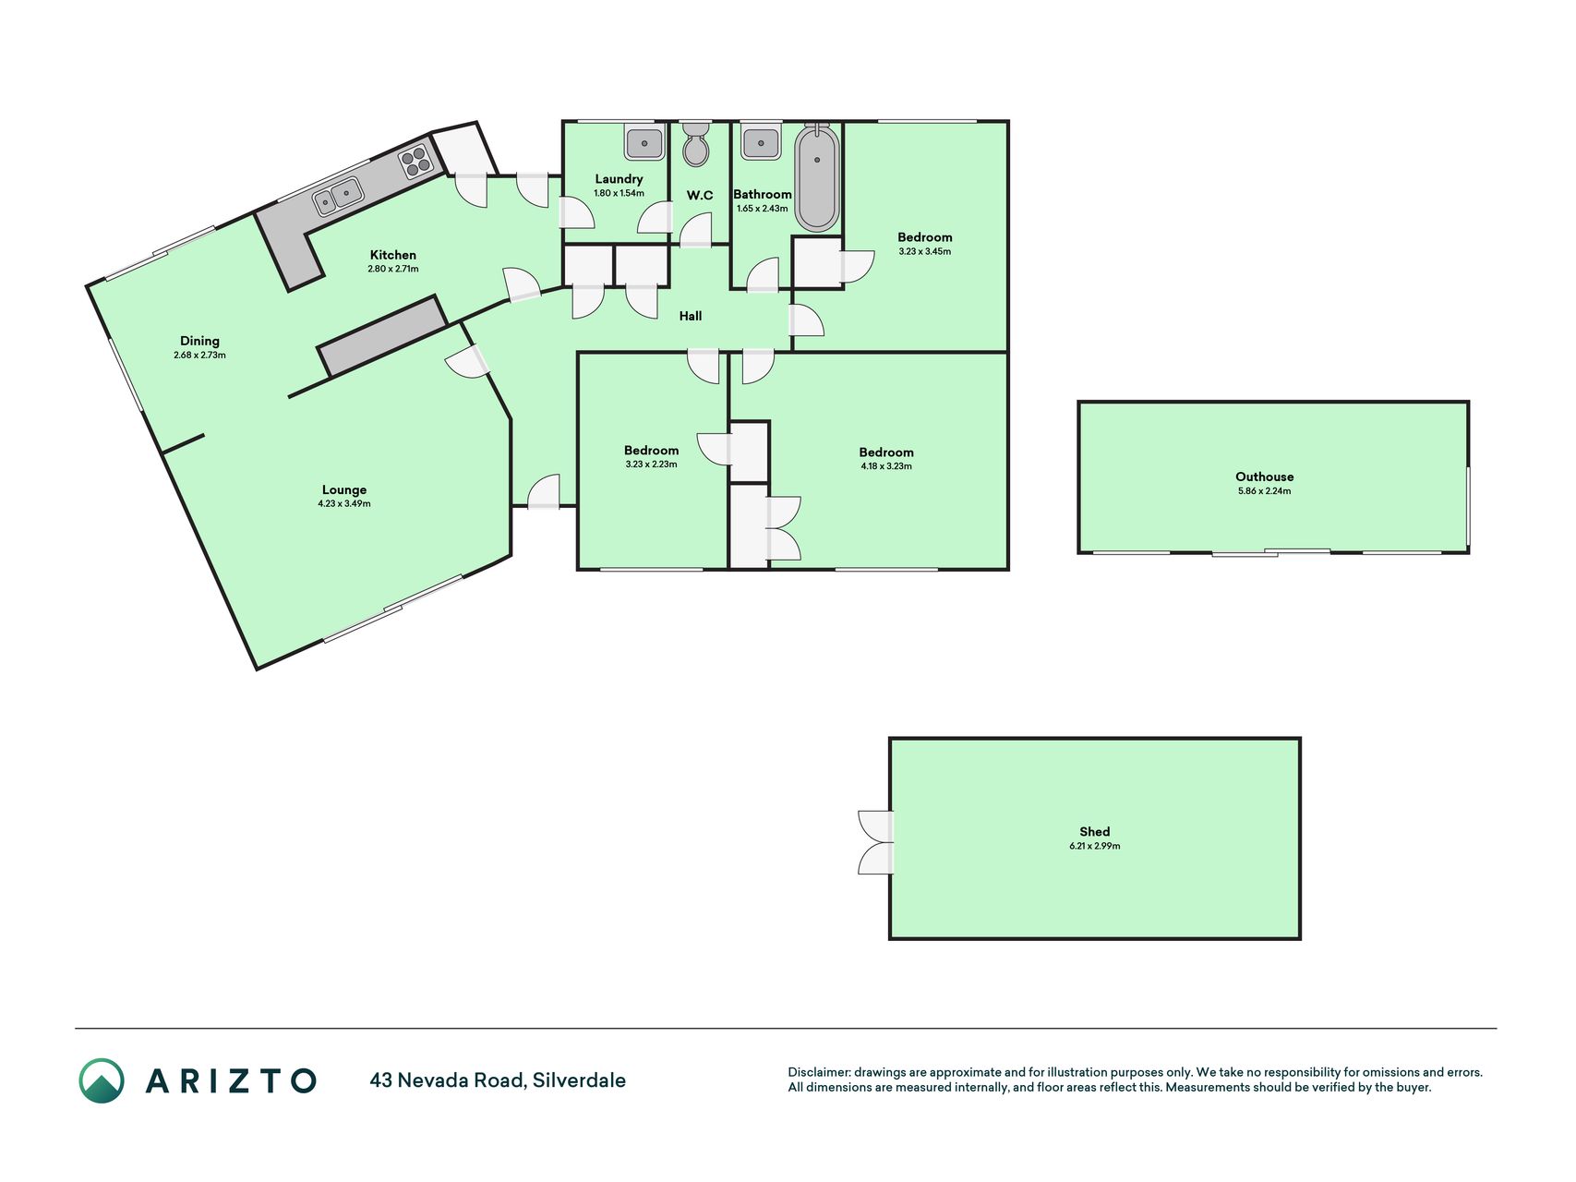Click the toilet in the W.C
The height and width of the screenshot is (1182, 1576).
click(x=696, y=144)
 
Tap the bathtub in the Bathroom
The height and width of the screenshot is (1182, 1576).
click(x=817, y=177)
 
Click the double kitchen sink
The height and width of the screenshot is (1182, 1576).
click(x=337, y=197)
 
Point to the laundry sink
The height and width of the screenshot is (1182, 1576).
click(x=644, y=142)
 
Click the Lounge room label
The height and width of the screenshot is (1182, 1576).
click(x=344, y=489)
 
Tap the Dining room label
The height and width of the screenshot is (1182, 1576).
click(x=199, y=341)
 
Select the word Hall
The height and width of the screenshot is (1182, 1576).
click(x=691, y=316)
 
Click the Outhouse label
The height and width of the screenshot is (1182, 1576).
click(x=1265, y=476)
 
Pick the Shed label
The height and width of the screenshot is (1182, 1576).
click(x=1095, y=831)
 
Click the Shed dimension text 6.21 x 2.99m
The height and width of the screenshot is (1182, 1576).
click(x=1095, y=846)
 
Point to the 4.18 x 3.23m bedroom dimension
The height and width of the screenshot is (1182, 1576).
click(x=886, y=466)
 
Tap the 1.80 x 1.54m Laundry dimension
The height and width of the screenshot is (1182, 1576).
click(x=619, y=193)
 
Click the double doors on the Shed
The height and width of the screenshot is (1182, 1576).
click(x=876, y=842)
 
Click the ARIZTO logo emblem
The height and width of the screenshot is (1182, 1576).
click(x=102, y=1080)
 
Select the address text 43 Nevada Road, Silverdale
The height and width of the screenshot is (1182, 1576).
click(x=498, y=1080)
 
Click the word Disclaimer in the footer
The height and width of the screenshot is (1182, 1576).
click(x=818, y=1072)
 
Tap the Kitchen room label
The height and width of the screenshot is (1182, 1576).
click(x=393, y=255)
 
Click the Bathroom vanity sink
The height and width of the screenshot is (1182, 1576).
click(x=761, y=142)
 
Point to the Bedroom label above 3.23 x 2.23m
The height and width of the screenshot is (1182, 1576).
click(x=651, y=451)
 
